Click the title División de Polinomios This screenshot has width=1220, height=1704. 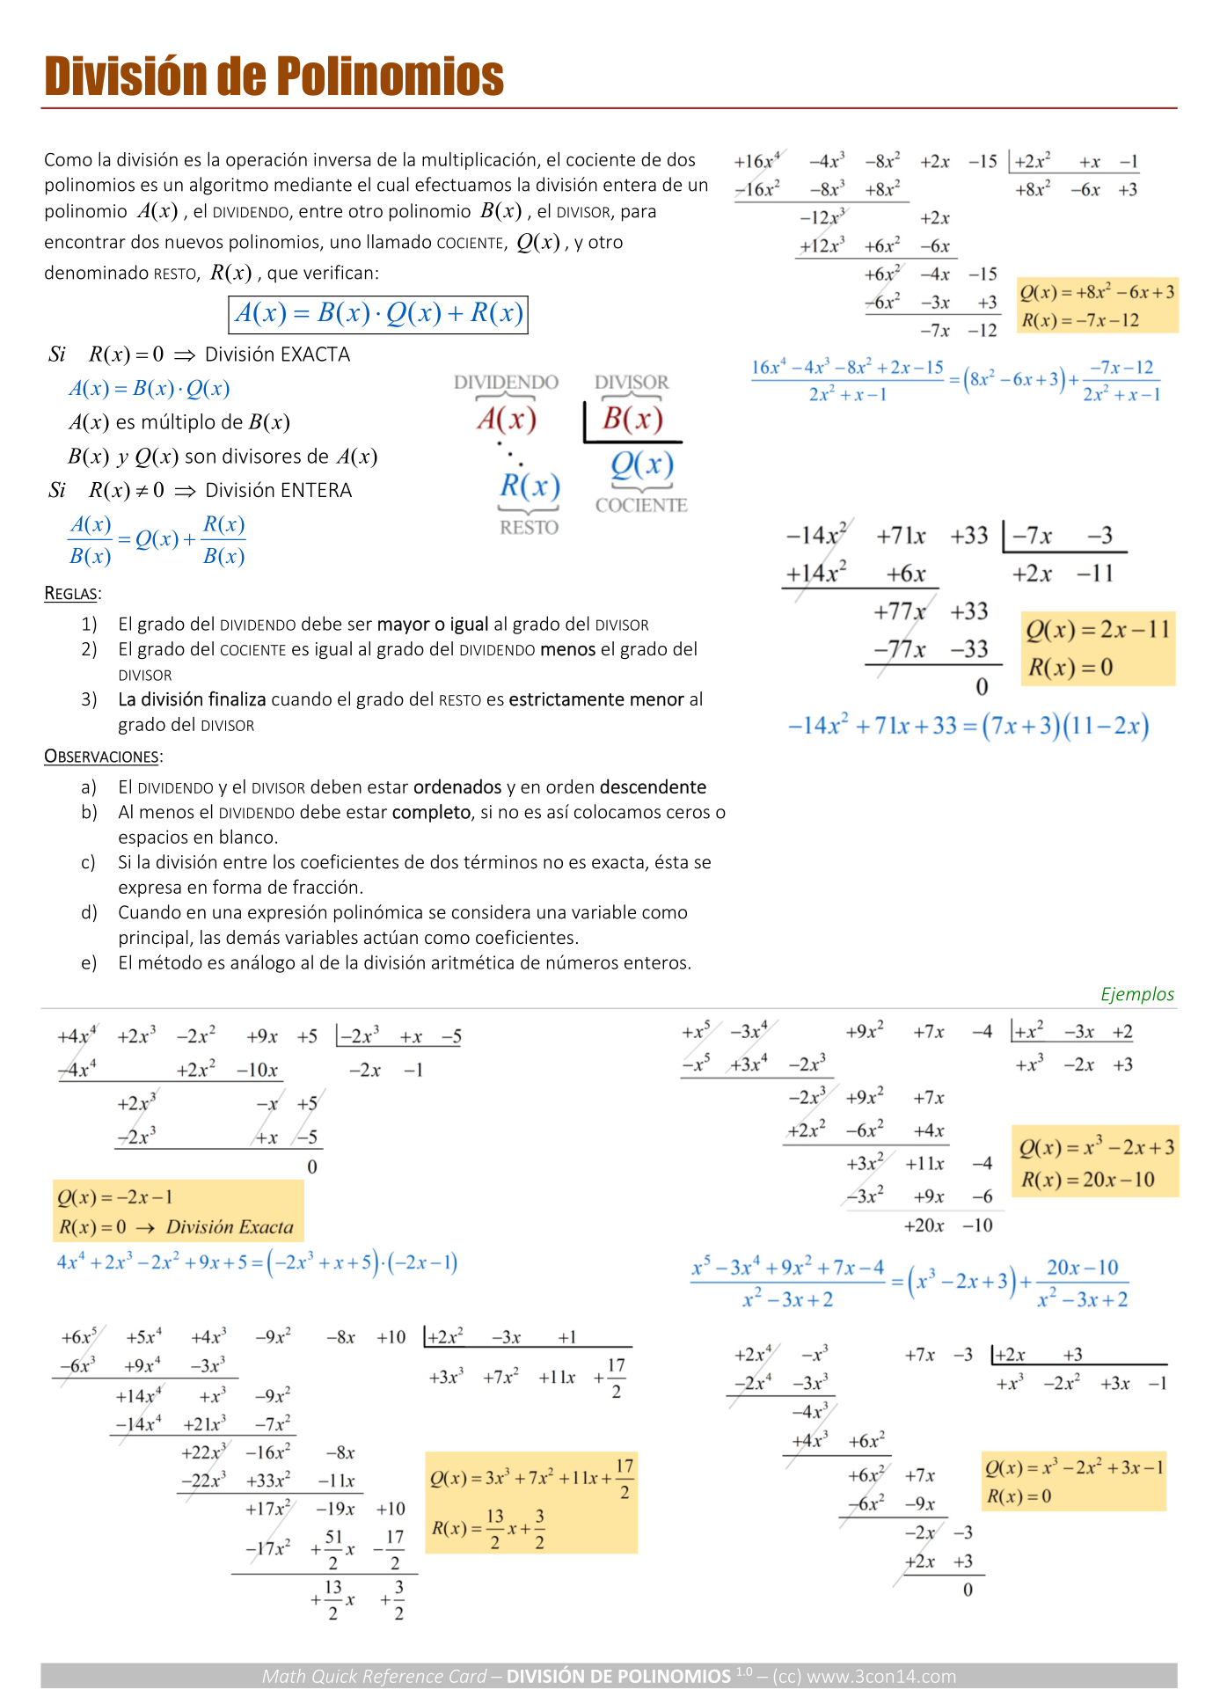pyautogui.click(x=274, y=77)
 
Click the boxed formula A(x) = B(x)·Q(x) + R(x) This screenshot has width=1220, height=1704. pyautogui.click(x=378, y=314)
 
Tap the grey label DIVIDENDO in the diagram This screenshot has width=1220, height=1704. pyautogui.click(x=506, y=383)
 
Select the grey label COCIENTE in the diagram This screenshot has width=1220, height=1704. pyautogui.click(x=641, y=506)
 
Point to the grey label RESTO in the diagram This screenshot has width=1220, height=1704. pyautogui.click(x=529, y=528)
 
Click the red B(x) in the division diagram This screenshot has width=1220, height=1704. pyautogui.click(x=632, y=420)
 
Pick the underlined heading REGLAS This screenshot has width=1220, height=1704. pyautogui.click(x=72, y=594)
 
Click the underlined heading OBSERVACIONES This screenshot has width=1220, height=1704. pyautogui.click(x=103, y=757)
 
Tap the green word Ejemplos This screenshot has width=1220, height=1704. pyautogui.click(x=1137, y=994)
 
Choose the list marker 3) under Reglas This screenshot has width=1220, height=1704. pyautogui.click(x=89, y=699)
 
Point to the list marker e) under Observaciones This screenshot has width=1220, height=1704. pyautogui.click(x=89, y=963)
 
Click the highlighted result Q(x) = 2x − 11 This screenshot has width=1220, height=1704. pyautogui.click(x=1098, y=630)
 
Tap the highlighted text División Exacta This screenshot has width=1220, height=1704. pyautogui.click(x=230, y=1227)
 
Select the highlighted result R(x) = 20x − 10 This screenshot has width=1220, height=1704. pyautogui.click(x=1087, y=1180)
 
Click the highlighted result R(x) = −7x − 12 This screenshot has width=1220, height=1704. pyautogui.click(x=1080, y=320)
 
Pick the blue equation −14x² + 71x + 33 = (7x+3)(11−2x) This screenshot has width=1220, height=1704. pyautogui.click(x=968, y=727)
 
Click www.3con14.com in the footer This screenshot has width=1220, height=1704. pyautogui.click(x=881, y=1677)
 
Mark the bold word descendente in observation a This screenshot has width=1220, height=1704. pyautogui.click(x=654, y=787)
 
